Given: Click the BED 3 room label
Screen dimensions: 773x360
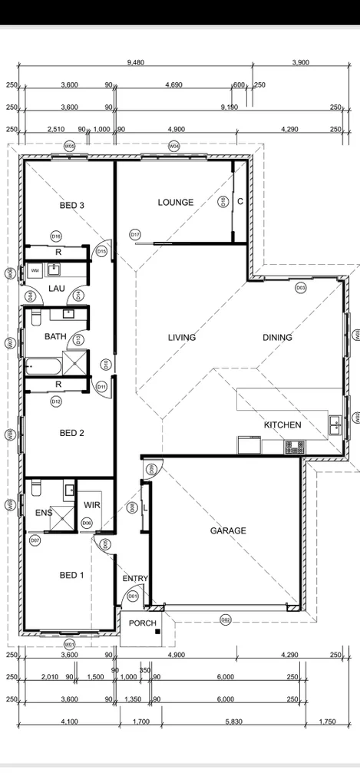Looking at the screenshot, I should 71,205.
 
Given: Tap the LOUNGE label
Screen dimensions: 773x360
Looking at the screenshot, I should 176,203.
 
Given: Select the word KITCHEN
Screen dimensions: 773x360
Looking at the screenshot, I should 282,425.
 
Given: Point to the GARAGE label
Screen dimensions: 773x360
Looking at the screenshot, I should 229,530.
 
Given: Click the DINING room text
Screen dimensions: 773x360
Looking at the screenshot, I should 277,337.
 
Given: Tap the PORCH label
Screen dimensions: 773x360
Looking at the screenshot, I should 142,623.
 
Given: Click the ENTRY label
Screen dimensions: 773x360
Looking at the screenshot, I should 135,579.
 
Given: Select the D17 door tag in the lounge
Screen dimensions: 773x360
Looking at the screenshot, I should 135,234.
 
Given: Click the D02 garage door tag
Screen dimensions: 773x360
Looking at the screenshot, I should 226,619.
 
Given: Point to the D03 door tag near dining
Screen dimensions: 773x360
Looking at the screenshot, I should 301,288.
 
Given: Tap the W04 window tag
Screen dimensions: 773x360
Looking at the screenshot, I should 174,145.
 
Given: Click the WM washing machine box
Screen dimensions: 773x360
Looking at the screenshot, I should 35,271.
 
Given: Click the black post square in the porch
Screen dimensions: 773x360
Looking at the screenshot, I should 157,631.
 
